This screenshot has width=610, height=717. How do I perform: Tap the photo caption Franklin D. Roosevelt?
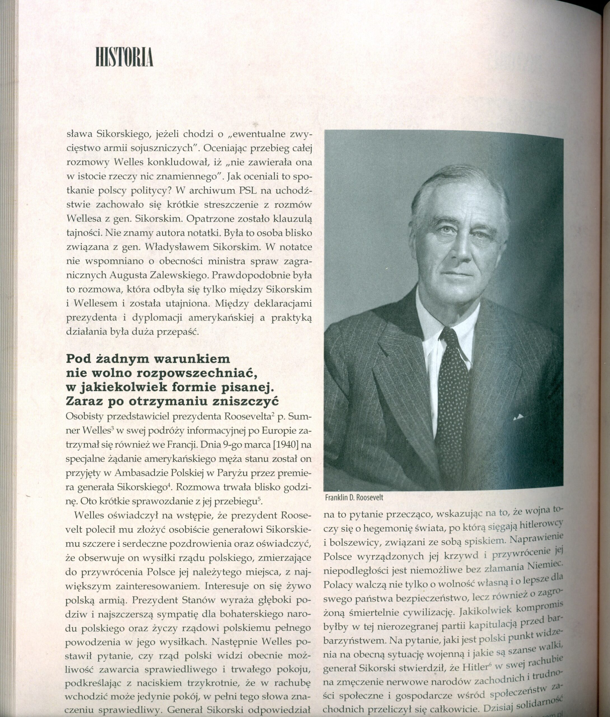[x=354, y=498]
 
